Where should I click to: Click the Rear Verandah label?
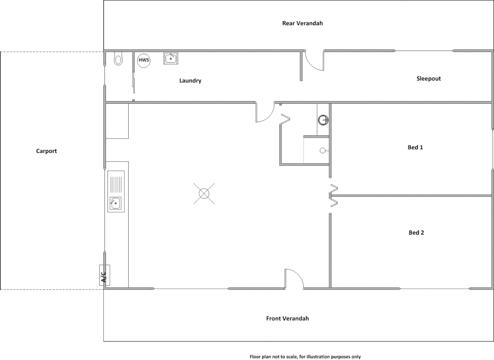(302, 23)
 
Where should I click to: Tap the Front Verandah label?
(287, 318)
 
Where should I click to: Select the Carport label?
(46, 151)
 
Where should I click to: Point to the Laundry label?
(190, 81)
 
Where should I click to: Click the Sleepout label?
(428, 79)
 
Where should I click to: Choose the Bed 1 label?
(415, 147)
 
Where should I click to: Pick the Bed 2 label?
(416, 233)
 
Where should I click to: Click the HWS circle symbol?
(144, 60)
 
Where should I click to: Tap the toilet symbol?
(118, 59)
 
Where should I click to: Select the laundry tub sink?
(171, 58)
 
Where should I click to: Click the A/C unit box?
(104, 275)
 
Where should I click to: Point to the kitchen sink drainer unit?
(116, 191)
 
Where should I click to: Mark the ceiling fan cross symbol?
(204, 193)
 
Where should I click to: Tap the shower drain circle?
(323, 151)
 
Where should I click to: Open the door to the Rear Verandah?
(315, 61)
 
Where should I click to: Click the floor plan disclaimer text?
(305, 357)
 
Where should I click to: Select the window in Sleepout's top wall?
(424, 51)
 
